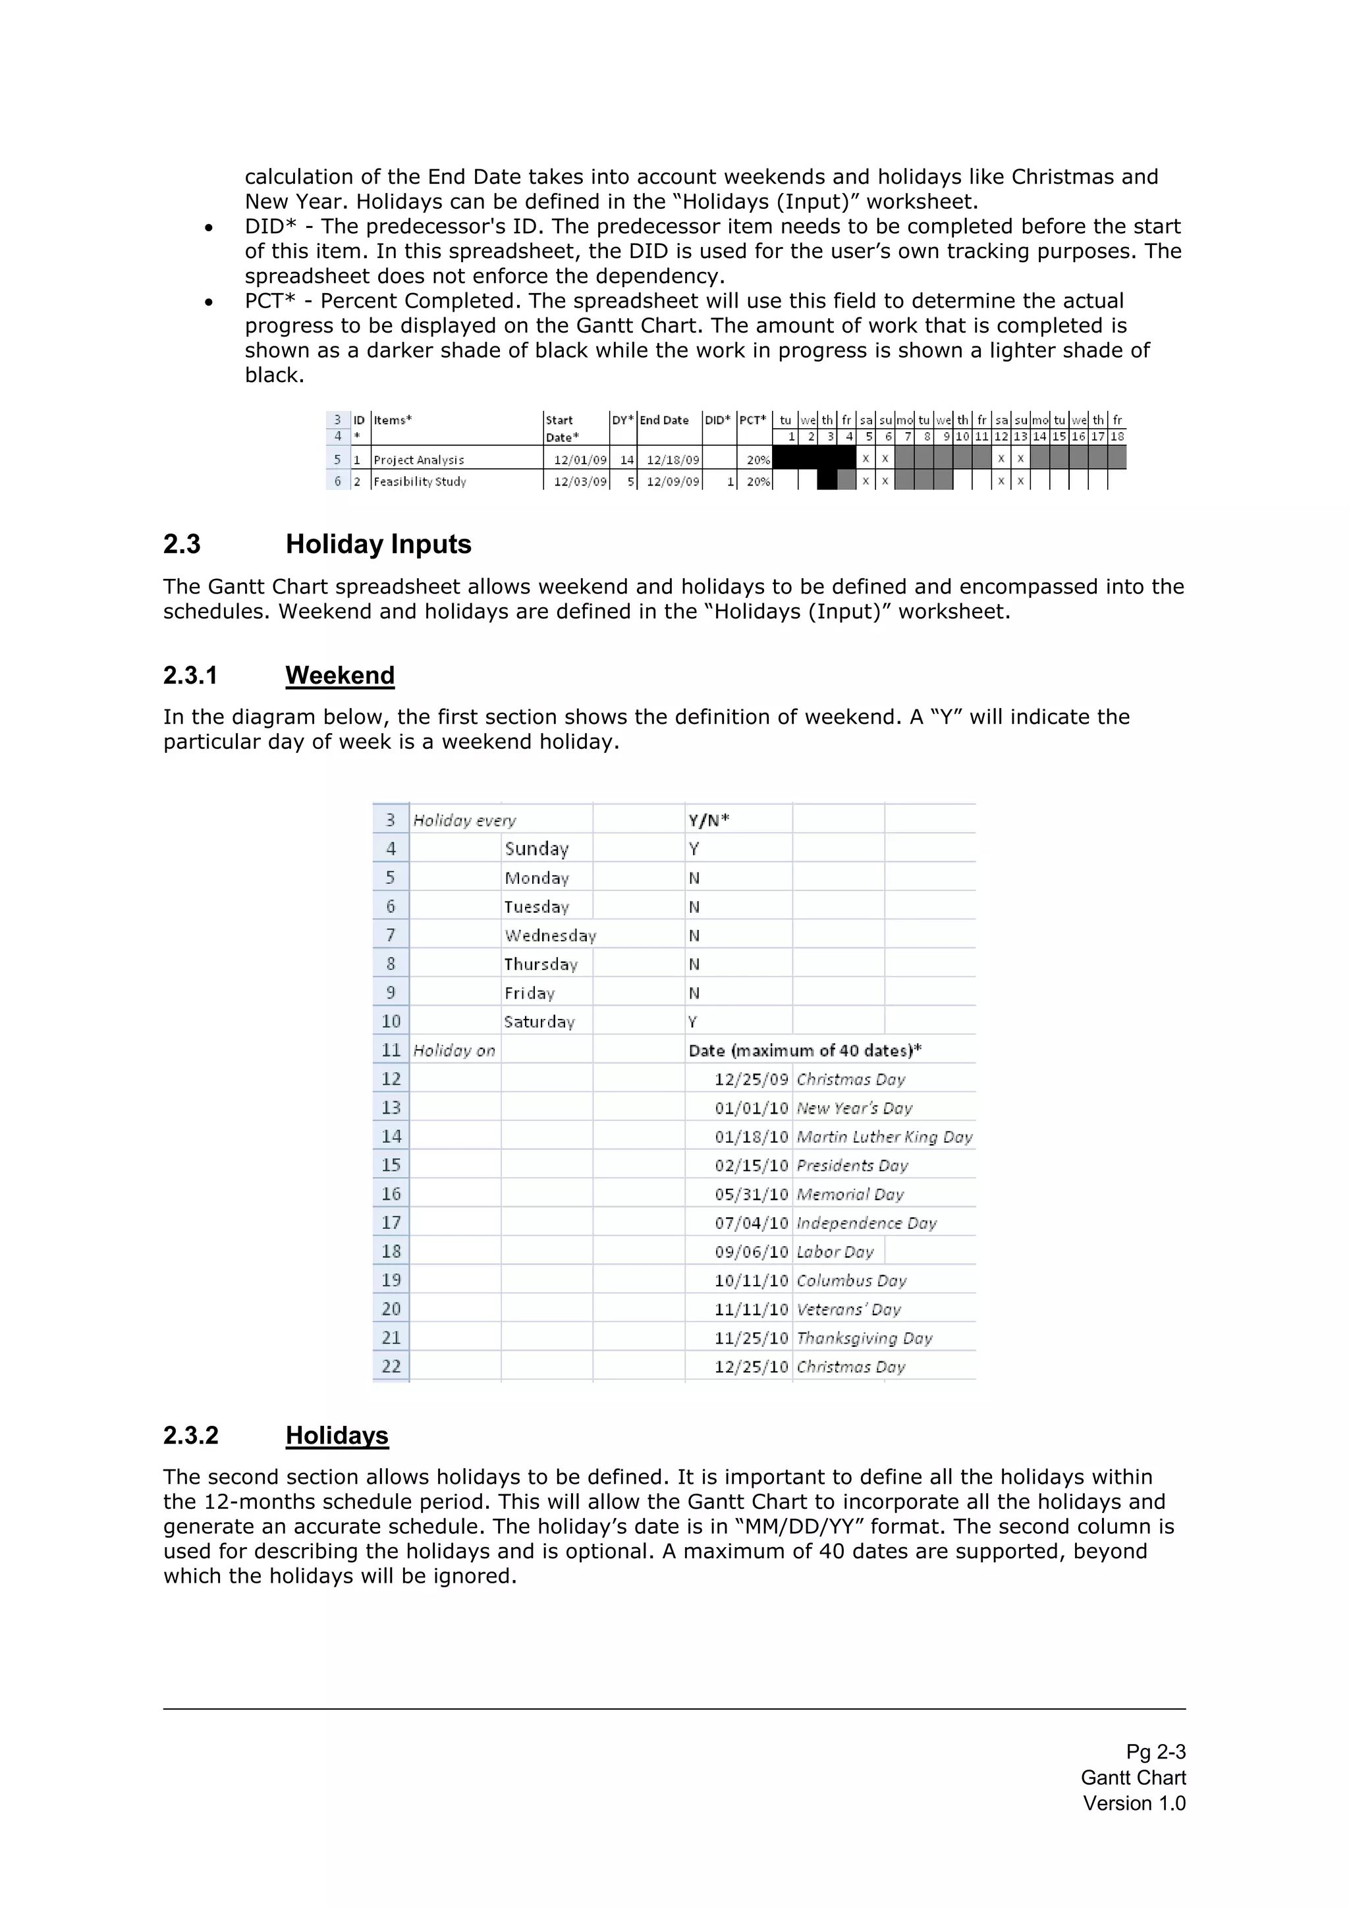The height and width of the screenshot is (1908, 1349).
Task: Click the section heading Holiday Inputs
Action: click(x=378, y=544)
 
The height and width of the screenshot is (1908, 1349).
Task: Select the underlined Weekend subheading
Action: click(x=340, y=675)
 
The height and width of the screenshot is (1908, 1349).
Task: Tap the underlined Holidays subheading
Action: click(x=337, y=1435)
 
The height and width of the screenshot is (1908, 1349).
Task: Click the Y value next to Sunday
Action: click(x=694, y=848)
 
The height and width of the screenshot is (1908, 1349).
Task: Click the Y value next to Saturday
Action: click(x=692, y=1022)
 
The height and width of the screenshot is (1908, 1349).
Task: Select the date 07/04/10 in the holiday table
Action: click(x=750, y=1223)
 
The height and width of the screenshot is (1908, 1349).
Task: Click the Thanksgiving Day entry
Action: click(x=864, y=1338)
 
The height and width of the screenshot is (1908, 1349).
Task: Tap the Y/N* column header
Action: click(x=708, y=820)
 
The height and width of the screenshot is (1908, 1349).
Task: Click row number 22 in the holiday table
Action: click(x=391, y=1366)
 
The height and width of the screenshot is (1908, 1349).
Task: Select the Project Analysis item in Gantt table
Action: click(x=419, y=460)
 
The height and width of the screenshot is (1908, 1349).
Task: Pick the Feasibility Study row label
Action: click(x=420, y=481)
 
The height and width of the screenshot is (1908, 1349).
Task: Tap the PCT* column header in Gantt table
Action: click(x=752, y=420)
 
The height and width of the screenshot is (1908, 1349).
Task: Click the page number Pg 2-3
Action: click(x=1155, y=1752)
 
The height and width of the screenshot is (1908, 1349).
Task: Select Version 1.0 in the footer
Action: click(x=1134, y=1803)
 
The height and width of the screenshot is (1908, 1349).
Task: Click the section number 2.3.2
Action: click(x=190, y=1435)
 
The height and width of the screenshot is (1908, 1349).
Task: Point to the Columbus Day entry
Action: click(x=851, y=1280)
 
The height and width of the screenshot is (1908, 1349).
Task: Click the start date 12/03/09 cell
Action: click(x=580, y=481)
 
